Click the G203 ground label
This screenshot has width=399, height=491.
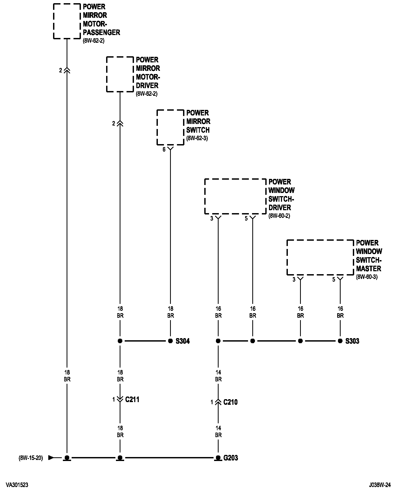pyautogui.click(x=231, y=458)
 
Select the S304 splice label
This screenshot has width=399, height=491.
pyautogui.click(x=183, y=341)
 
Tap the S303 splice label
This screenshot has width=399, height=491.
pyautogui.click(x=352, y=341)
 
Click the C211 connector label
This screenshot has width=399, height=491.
pyautogui.click(x=132, y=399)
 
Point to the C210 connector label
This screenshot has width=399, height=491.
pyautogui.click(x=230, y=402)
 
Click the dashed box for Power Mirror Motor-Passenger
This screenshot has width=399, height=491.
pyautogui.click(x=67, y=21)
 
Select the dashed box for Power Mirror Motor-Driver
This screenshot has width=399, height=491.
pyautogui.click(x=120, y=74)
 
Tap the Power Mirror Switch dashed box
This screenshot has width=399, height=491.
pyautogui.click(x=170, y=127)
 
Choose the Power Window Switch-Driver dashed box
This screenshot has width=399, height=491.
pyautogui.click(x=235, y=196)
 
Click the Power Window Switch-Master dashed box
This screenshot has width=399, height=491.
pyautogui.click(x=320, y=257)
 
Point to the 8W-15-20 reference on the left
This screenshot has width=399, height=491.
pyautogui.click(x=31, y=458)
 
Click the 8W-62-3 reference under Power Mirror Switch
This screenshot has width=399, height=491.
pyautogui.click(x=197, y=138)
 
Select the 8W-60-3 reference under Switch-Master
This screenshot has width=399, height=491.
pyautogui.click(x=367, y=277)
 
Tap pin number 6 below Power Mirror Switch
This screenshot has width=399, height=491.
pyautogui.click(x=164, y=150)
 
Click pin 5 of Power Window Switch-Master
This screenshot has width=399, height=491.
pyautogui.click(x=334, y=280)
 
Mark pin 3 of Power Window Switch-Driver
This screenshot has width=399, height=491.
pyautogui.click(x=212, y=219)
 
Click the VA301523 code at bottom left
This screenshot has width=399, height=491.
pyautogui.click(x=17, y=485)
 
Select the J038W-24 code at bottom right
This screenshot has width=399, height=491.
pyautogui.click(x=380, y=485)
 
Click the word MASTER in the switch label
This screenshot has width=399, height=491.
pyautogui.click(x=368, y=268)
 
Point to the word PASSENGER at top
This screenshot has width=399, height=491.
pyautogui.click(x=101, y=32)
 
